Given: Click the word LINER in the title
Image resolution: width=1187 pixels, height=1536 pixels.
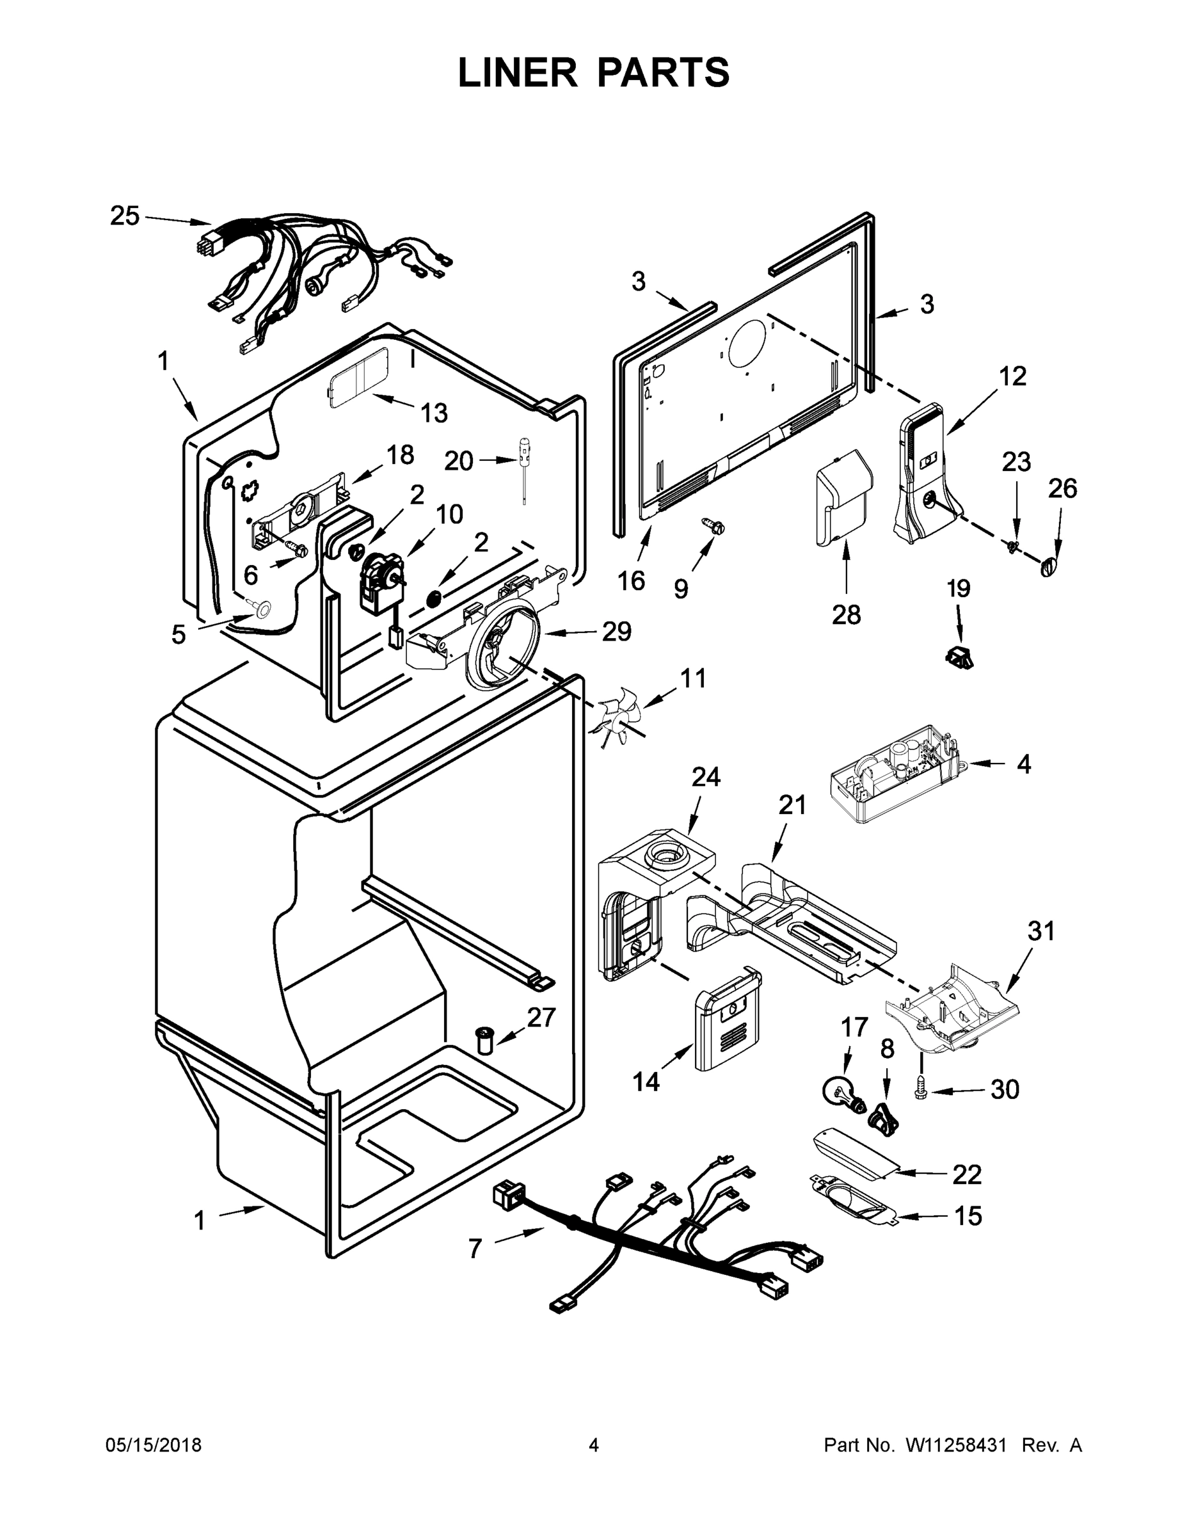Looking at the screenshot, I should [x=517, y=72].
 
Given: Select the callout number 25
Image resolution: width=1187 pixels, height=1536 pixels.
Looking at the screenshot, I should [x=125, y=216].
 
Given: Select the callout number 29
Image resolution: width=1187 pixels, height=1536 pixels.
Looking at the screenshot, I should [x=616, y=632].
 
